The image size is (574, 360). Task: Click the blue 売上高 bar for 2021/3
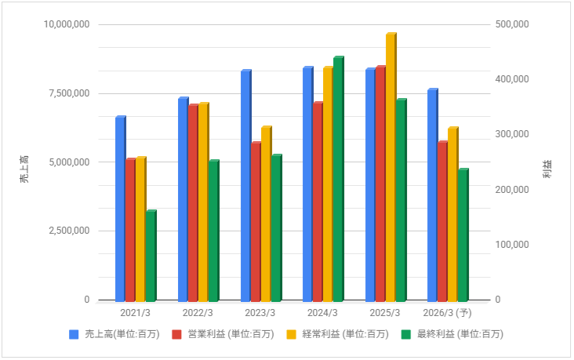[x=120, y=209]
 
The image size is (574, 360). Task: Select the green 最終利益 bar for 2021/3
[x=151, y=256]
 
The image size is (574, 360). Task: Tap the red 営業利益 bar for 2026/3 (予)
[x=442, y=221]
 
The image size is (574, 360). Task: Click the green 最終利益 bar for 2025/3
[x=401, y=200]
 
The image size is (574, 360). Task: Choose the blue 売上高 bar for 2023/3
[x=245, y=186]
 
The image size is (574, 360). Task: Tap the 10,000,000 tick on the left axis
[x=65, y=24]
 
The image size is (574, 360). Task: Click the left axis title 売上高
[x=24, y=169]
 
